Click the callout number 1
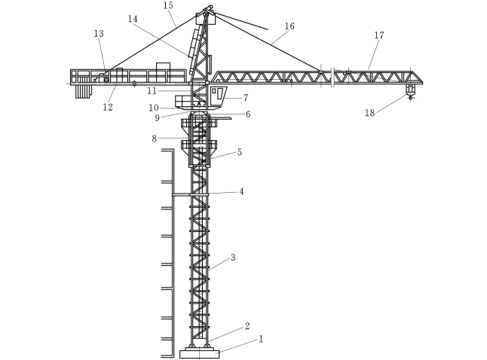point(261,339)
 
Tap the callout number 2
point(247,326)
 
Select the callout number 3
point(233,258)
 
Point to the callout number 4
point(241,192)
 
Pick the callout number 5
point(240,152)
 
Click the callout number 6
point(247,114)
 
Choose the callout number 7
point(245,98)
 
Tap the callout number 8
point(154,139)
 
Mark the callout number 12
point(108,108)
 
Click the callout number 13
point(99,34)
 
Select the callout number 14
point(133,19)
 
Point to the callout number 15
point(168,6)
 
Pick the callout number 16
point(289,26)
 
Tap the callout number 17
point(378,35)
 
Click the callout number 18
point(369,113)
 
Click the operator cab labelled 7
point(218,94)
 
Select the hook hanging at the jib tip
point(410,93)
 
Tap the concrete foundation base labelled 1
point(199,353)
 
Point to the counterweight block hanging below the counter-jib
point(82,91)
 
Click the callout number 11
point(152,91)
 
